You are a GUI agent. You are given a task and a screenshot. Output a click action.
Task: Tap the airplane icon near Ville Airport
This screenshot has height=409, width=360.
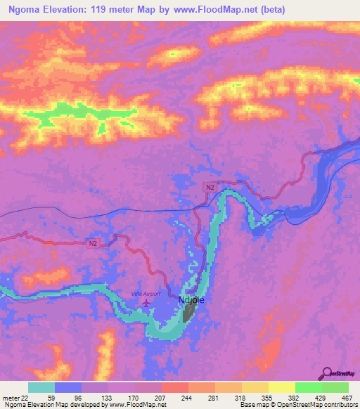click(x=146, y=303)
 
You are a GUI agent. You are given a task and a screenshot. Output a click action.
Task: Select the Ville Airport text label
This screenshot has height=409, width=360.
click(x=146, y=293)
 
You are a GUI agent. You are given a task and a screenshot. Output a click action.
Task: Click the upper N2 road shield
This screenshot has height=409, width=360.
click(x=210, y=187)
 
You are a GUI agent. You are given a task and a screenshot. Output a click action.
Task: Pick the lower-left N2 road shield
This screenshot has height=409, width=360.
click(x=94, y=244)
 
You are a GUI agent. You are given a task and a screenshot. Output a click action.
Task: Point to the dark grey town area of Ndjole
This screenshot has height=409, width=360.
click(x=188, y=313)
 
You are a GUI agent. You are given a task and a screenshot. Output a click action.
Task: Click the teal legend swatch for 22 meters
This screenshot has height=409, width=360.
click(x=41, y=387)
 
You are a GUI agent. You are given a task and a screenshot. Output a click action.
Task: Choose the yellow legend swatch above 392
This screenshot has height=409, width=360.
click(x=281, y=387)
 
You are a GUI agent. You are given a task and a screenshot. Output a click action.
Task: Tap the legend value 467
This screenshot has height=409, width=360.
click(x=347, y=397)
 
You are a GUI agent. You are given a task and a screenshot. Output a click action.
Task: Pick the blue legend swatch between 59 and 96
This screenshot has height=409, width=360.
click(x=68, y=387)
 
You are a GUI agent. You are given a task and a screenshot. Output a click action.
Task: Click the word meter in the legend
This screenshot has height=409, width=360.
click(x=10, y=397)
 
